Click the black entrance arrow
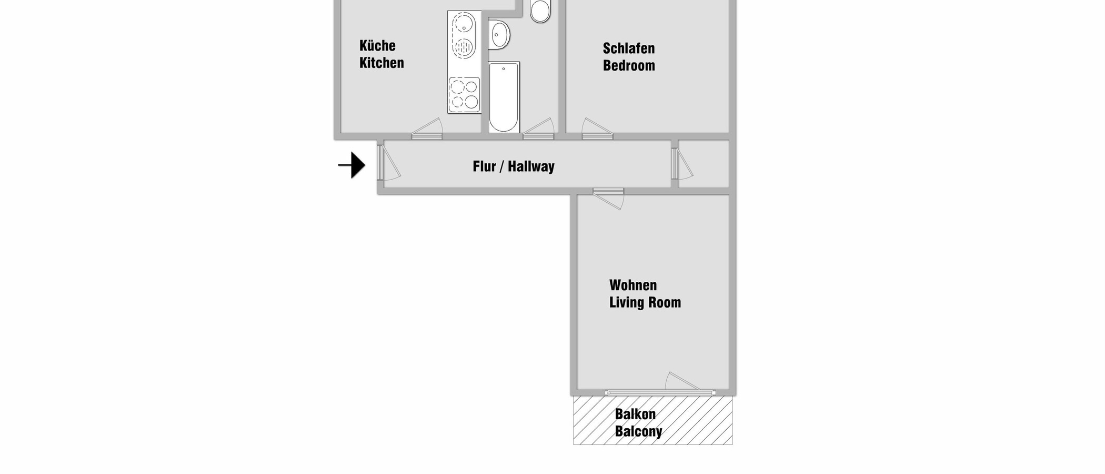tap(353, 165)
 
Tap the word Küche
tap(377, 46)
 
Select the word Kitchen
tap(381, 63)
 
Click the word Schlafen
tap(629, 48)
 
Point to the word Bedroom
tap(629, 66)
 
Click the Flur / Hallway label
tap(514, 166)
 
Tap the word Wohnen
tap(633, 285)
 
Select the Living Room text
tap(645, 303)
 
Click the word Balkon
tap(635, 414)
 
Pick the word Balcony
tap(638, 432)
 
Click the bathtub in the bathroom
tap(504, 97)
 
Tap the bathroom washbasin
tap(499, 35)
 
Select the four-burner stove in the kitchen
tap(464, 95)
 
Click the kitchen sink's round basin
tap(464, 23)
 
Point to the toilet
tap(540, 11)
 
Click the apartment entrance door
tap(388, 163)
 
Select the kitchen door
tap(427, 130)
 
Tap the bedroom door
tap(597, 130)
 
